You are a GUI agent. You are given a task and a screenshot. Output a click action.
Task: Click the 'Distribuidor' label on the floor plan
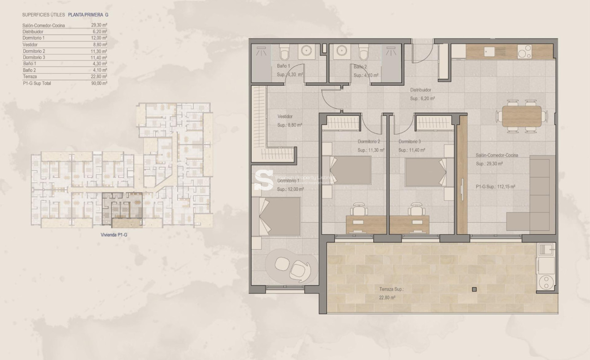[421, 90]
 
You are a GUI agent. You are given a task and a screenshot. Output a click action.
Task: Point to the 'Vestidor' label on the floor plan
[285, 117]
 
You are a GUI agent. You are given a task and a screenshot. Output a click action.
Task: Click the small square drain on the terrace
[474, 290]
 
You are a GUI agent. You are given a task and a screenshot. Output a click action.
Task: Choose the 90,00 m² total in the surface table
[99, 83]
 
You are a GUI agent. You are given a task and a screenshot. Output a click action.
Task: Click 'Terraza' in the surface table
[30, 77]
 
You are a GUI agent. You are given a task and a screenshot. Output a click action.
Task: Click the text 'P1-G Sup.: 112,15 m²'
[495, 187]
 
